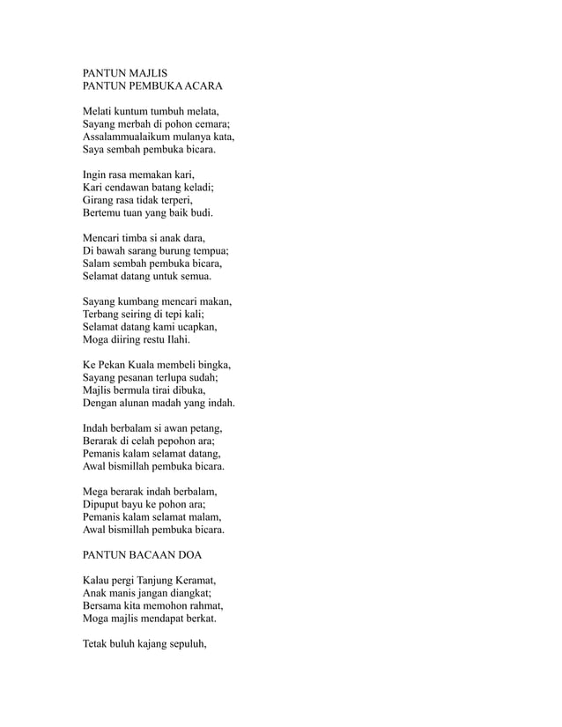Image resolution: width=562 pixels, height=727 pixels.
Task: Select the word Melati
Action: pyautogui.click(x=98, y=112)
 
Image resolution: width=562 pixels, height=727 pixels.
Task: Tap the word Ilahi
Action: pyautogui.click(x=175, y=339)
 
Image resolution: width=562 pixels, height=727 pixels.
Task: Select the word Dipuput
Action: pyautogui.click(x=104, y=504)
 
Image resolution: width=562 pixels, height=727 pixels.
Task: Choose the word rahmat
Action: pyautogui.click(x=203, y=606)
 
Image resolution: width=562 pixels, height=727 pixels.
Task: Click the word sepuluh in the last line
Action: pyautogui.click(x=186, y=644)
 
